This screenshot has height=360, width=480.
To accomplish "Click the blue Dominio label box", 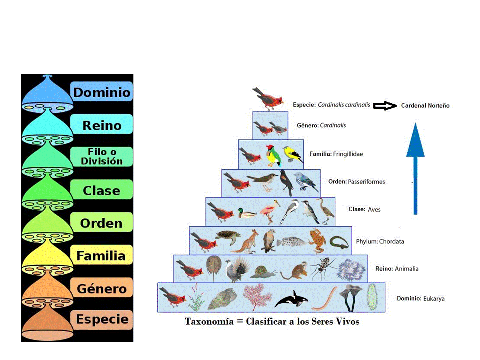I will [102, 92].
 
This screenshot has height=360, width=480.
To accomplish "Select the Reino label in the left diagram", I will [102, 125].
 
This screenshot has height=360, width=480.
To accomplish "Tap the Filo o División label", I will [102, 157].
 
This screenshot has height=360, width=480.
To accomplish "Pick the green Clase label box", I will [102, 190].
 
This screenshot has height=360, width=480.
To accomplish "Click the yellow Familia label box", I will [101, 256].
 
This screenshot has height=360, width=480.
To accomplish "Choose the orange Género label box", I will [102, 288].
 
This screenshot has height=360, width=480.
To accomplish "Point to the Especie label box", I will [102, 320].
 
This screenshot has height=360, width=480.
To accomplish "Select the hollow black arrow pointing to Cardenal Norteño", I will [385, 106].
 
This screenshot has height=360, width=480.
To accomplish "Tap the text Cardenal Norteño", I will [425, 106].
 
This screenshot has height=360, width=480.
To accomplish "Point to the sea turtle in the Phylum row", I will [227, 238].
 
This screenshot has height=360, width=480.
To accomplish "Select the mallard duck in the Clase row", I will [246, 213].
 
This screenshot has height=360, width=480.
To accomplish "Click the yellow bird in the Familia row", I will [292, 155].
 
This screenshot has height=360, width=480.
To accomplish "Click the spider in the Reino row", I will [320, 268].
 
